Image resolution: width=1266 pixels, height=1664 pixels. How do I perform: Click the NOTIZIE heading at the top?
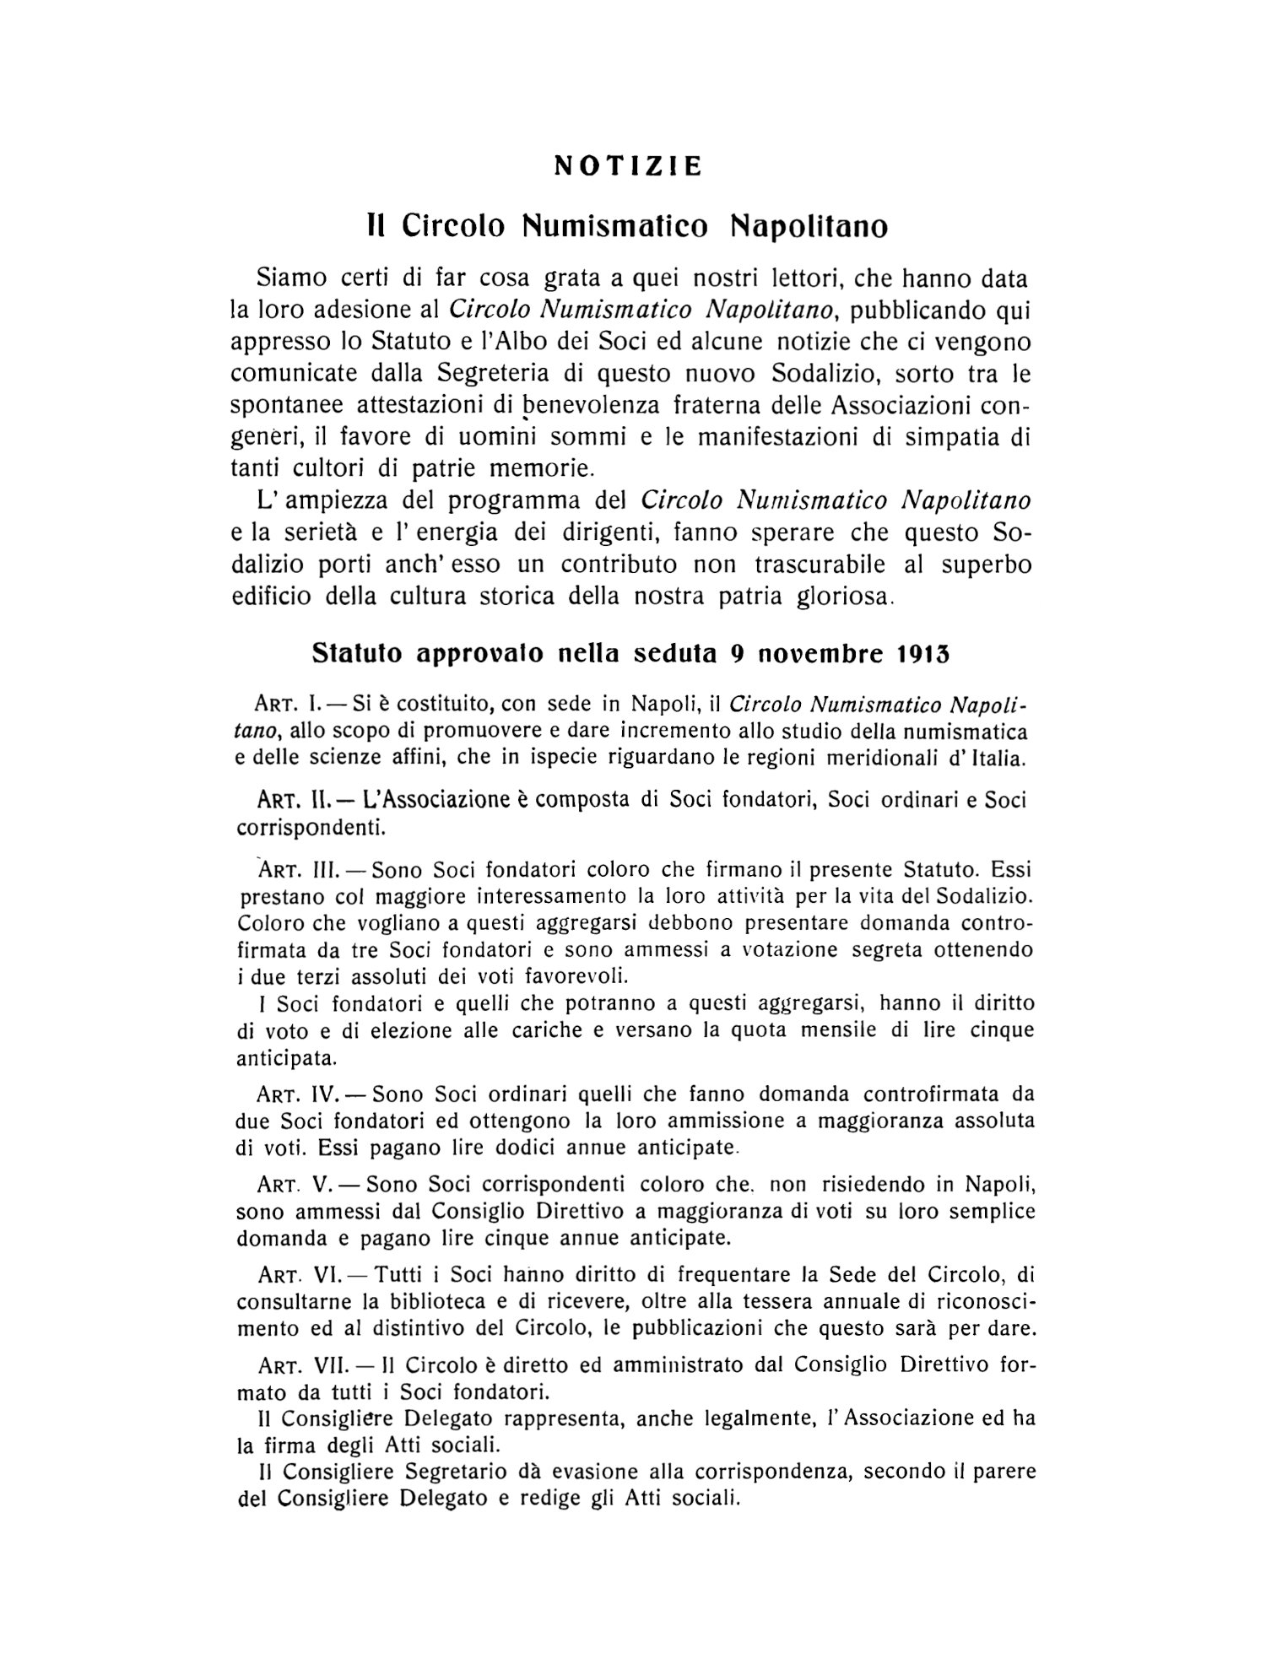(628, 166)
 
